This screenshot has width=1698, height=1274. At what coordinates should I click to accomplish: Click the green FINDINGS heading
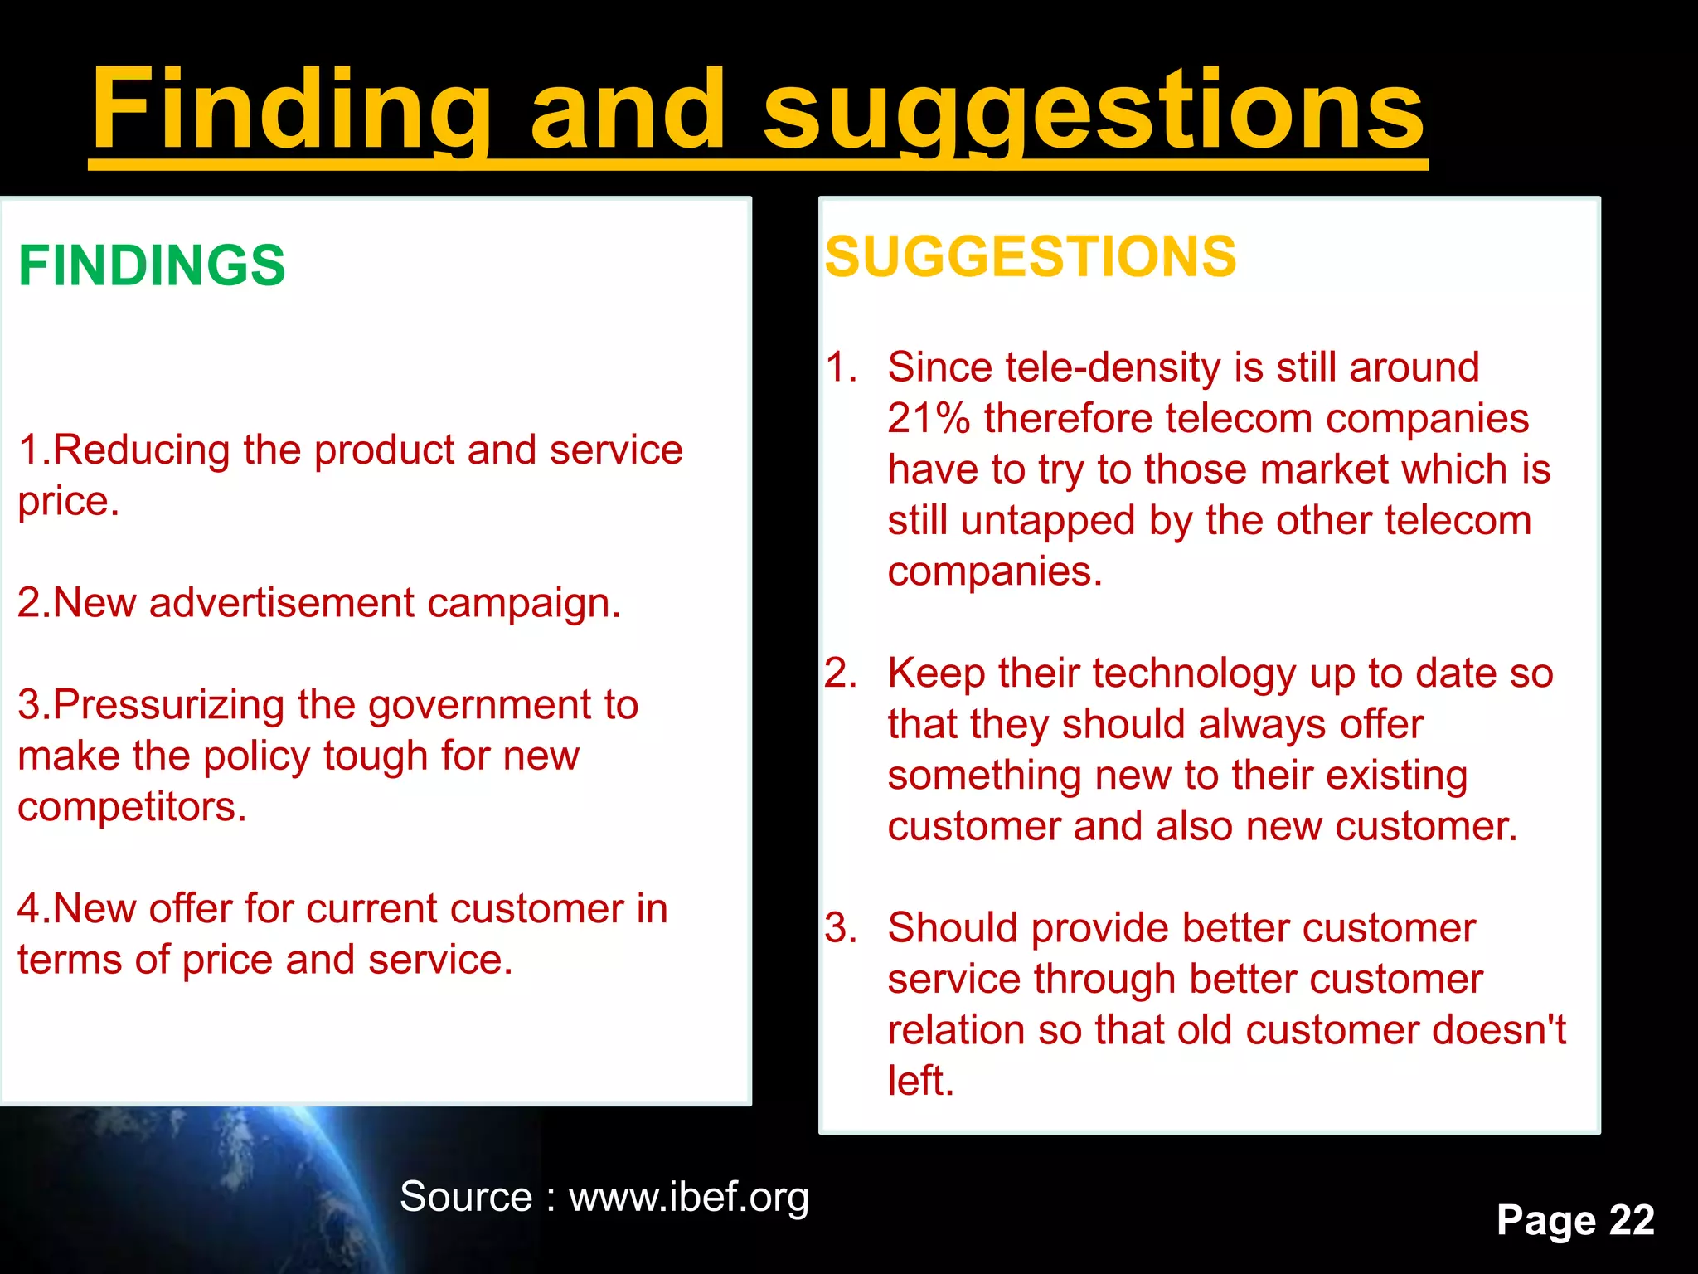click(152, 265)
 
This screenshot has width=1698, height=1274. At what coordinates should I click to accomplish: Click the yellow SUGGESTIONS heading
click(1031, 256)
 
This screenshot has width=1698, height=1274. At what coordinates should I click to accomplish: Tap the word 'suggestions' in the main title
click(1094, 112)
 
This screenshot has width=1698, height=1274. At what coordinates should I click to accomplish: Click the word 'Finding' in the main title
click(291, 112)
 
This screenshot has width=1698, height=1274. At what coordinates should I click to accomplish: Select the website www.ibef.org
click(688, 1197)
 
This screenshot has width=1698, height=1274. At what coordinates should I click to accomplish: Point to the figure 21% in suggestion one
click(928, 418)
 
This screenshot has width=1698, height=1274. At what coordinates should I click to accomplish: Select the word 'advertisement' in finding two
click(281, 603)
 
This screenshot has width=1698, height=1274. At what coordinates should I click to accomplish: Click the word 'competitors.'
click(132, 807)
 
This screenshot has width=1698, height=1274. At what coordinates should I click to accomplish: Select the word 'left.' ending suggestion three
click(920, 1081)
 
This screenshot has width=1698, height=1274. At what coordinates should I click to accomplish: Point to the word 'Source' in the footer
click(466, 1197)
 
